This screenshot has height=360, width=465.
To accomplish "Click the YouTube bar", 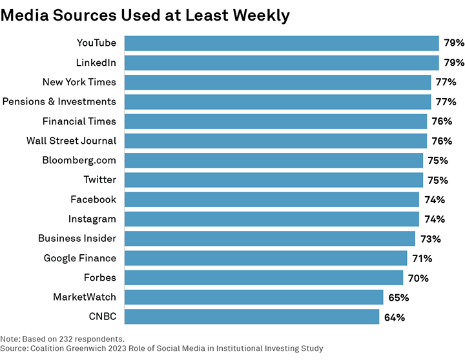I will click(282, 43).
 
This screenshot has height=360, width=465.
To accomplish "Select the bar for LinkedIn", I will click(282, 63).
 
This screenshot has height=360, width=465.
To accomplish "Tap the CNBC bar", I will click(251, 317).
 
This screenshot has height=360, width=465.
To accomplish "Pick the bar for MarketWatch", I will click(253, 297).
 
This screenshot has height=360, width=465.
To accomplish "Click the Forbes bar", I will click(263, 277).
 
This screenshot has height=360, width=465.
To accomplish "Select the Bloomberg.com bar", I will click(273, 160).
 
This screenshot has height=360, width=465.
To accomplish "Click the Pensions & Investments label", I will click(59, 101).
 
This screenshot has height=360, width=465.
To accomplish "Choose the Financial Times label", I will click(79, 121).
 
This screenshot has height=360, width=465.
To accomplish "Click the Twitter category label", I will click(99, 179).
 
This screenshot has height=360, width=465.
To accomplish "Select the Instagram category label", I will click(92, 219).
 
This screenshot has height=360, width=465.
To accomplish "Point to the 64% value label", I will click(395, 317).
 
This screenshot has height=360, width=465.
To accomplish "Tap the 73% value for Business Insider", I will click(430, 239).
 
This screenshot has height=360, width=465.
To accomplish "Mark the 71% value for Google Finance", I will click(422, 259).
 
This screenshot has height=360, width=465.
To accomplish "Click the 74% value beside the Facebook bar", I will click(434, 200).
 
